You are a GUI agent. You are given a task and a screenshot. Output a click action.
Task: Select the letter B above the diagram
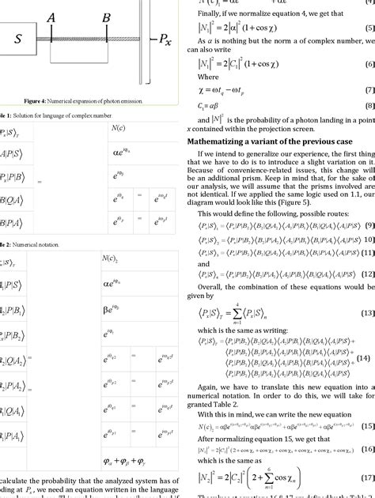[106, 16]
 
